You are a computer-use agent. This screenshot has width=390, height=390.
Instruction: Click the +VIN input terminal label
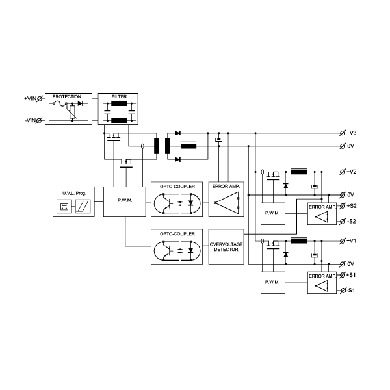(x=30, y=98)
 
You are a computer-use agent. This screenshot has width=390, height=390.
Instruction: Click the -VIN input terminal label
(x=30, y=121)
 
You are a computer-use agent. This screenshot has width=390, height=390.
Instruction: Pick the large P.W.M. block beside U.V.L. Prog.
(x=125, y=200)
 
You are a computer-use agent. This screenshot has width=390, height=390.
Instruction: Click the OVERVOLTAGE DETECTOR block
(x=225, y=247)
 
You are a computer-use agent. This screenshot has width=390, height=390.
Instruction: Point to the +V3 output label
(x=352, y=133)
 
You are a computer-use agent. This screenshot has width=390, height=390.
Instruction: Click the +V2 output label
(x=352, y=172)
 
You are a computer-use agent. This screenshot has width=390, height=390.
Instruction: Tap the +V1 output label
(x=352, y=241)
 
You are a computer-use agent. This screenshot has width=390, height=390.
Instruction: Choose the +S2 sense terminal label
(x=352, y=206)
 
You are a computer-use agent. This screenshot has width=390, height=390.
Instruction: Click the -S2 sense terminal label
(x=352, y=222)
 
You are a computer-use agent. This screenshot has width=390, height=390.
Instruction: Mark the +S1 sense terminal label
(x=352, y=275)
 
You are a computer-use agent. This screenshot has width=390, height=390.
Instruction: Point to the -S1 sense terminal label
(x=352, y=290)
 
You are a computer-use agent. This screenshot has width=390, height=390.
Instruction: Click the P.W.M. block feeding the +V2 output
(x=272, y=214)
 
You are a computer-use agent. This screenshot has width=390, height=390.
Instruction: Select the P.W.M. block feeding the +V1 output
(x=272, y=283)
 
